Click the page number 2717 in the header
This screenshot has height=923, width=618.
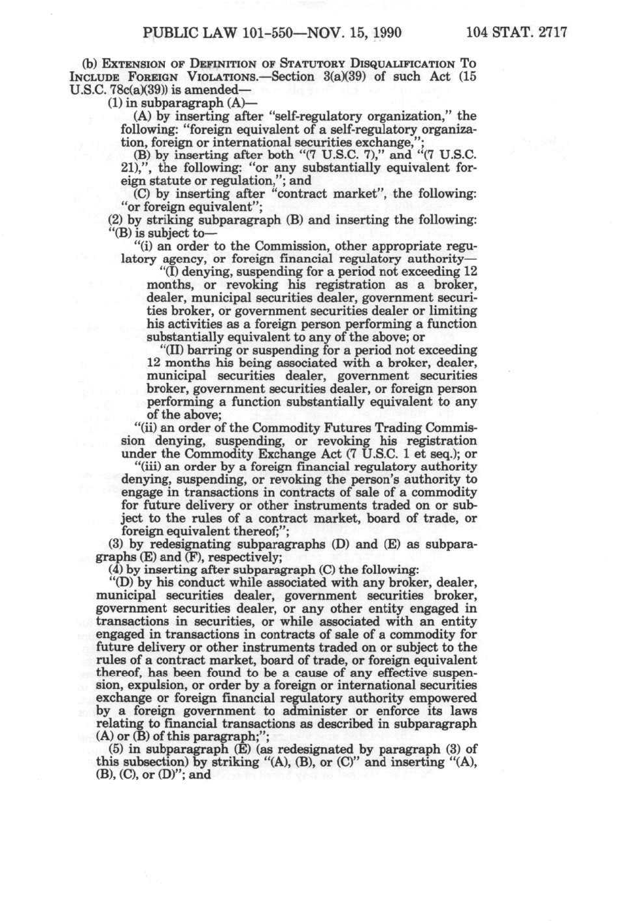(x=551, y=32)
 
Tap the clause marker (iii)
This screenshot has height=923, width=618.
(x=146, y=467)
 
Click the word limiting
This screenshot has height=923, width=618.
(x=454, y=310)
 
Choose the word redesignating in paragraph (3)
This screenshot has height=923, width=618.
(x=191, y=544)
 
